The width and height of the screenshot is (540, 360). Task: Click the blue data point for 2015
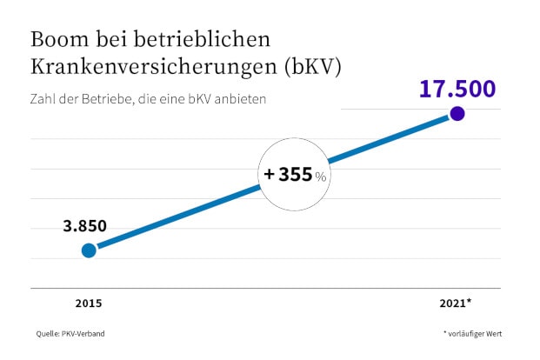[x=89, y=250]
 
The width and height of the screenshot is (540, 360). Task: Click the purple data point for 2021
[x=457, y=114]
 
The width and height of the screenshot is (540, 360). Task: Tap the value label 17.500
[x=457, y=89]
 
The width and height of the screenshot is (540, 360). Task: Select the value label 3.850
[x=84, y=226]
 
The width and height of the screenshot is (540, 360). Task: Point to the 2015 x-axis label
[x=89, y=303]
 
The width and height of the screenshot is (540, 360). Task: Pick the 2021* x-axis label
[x=456, y=303]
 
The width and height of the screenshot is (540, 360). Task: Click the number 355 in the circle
[x=296, y=175]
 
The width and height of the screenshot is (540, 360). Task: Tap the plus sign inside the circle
[x=270, y=175]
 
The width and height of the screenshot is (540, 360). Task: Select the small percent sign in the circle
[x=321, y=177]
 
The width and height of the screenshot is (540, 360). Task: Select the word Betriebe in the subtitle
[x=105, y=99]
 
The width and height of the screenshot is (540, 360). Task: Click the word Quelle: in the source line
[x=47, y=334]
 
